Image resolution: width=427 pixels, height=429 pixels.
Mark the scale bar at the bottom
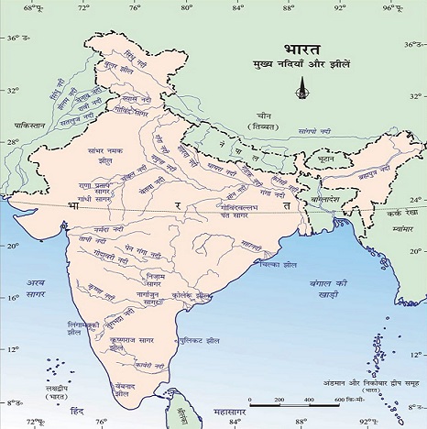pyautogui.click(x=299, y=403)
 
